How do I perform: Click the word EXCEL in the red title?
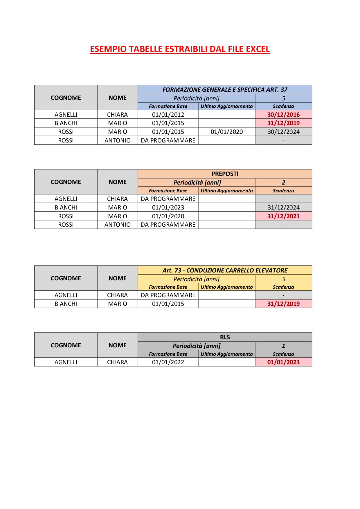258,49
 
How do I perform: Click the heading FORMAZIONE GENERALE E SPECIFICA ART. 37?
225,90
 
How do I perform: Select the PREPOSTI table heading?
225,174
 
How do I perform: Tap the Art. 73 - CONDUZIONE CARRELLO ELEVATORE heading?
225,270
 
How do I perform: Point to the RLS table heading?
225,337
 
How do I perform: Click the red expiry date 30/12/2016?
283,115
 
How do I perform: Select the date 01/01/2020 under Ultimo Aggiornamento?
226,132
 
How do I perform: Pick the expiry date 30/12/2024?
283,132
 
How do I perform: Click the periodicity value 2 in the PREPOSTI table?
283,183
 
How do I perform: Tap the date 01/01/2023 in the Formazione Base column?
168,207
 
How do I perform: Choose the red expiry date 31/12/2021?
283,216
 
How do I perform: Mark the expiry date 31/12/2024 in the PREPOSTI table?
283,207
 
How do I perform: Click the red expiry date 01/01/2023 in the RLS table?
283,362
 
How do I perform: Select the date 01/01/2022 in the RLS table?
168,362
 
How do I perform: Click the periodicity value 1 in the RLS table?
283,346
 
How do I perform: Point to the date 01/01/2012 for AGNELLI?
168,115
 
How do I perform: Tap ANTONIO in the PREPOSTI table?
117,225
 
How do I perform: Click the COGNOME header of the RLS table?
66,345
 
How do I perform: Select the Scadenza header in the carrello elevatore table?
283,287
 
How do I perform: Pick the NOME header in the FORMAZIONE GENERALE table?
117,98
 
